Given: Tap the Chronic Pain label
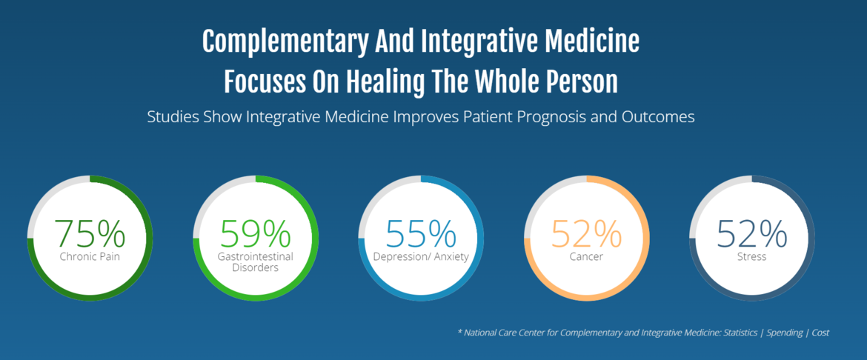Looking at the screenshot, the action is tap(90, 256).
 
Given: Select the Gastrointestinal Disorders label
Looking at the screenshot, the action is tap(256, 262).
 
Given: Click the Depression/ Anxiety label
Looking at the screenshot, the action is tap(421, 257).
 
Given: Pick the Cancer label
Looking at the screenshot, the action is tap(587, 256).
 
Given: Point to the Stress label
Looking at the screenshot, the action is tap(752, 256).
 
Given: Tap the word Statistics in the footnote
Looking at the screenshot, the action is tap(741, 333).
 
